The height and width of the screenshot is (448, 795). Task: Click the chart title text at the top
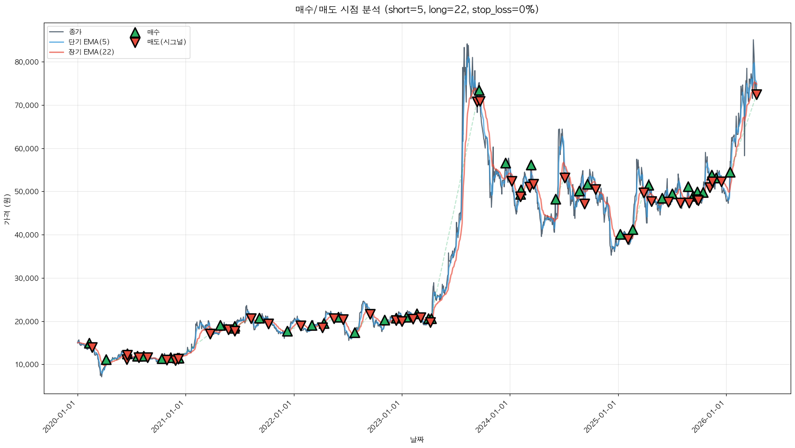click(x=417, y=10)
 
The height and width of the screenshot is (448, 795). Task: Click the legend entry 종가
click(x=75, y=32)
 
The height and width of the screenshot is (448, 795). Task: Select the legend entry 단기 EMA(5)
click(x=89, y=42)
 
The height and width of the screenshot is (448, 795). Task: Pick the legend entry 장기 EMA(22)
click(x=91, y=52)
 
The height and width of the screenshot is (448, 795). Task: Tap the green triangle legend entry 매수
click(x=153, y=32)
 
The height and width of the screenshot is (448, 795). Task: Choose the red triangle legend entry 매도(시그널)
click(x=166, y=42)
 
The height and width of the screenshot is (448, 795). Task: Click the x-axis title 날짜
click(x=417, y=439)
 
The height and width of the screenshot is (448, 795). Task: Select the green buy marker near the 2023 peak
click(x=478, y=90)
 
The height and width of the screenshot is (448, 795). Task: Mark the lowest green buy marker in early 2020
click(x=106, y=360)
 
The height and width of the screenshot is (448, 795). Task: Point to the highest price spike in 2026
click(x=753, y=40)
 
